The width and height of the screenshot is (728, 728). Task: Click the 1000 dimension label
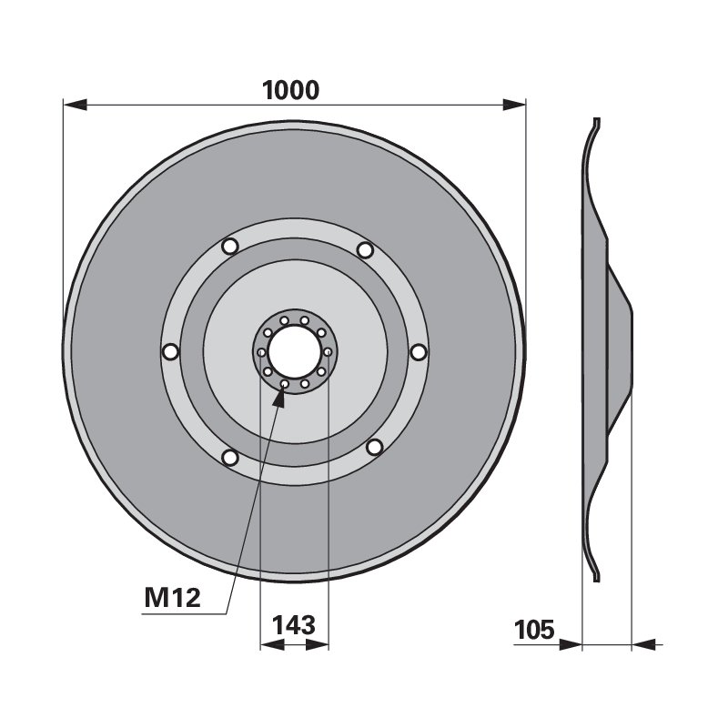290,90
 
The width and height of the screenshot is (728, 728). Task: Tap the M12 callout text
172,598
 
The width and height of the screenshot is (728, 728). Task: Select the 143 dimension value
294,625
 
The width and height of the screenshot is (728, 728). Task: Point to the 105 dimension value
534,630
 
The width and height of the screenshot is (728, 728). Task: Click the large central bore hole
295,351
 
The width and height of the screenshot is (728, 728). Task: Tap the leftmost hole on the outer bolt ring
170,351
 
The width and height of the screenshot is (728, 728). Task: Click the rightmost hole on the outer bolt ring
419,352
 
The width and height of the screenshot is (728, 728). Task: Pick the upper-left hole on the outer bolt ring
230,246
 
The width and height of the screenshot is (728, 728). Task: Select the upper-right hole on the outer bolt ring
366,250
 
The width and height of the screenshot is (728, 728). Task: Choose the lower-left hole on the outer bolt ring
230,458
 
